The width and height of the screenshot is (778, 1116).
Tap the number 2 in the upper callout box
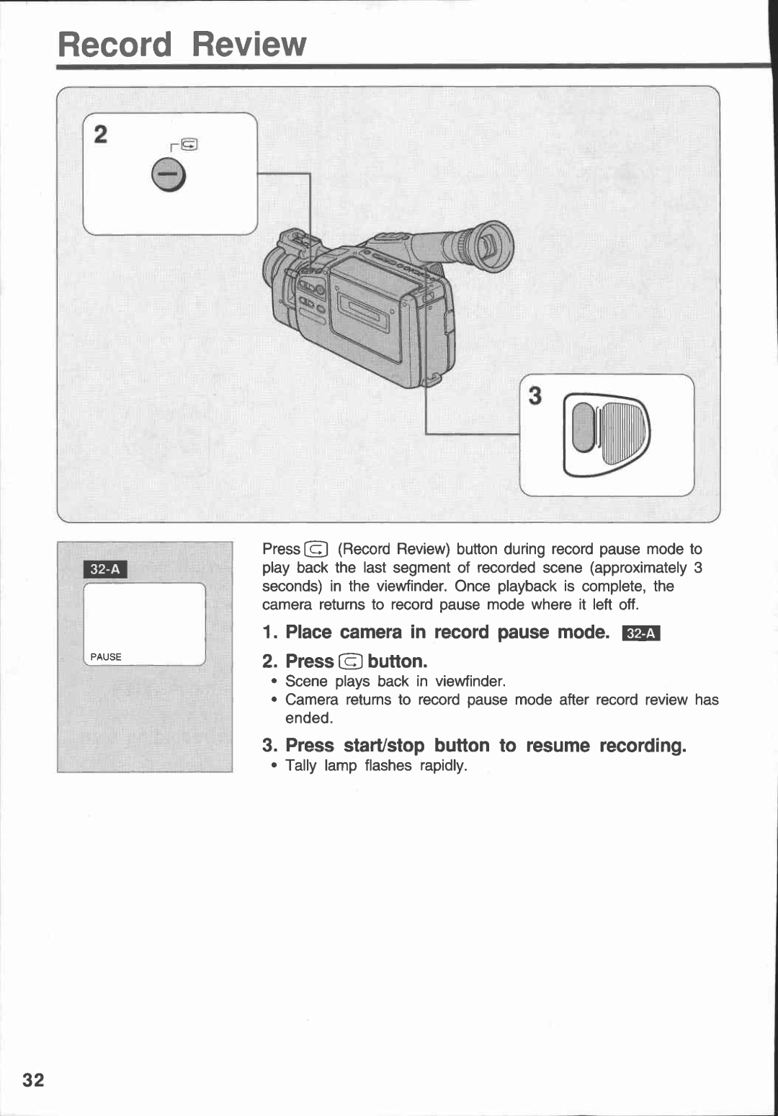point(101,134)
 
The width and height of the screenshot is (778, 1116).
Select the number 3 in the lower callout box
point(535,396)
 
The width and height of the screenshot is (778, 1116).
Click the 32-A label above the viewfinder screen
point(106,570)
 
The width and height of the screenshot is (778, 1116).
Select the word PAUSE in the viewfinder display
point(106,657)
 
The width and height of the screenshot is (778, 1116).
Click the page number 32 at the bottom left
point(33,1079)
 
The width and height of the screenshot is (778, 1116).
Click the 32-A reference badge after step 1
point(641,633)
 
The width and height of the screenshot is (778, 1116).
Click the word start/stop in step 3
point(384,746)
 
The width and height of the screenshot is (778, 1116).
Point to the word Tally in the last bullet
point(300,765)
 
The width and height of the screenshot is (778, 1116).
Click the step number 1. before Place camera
point(270,633)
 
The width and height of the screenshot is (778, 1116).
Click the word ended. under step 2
point(309,718)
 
